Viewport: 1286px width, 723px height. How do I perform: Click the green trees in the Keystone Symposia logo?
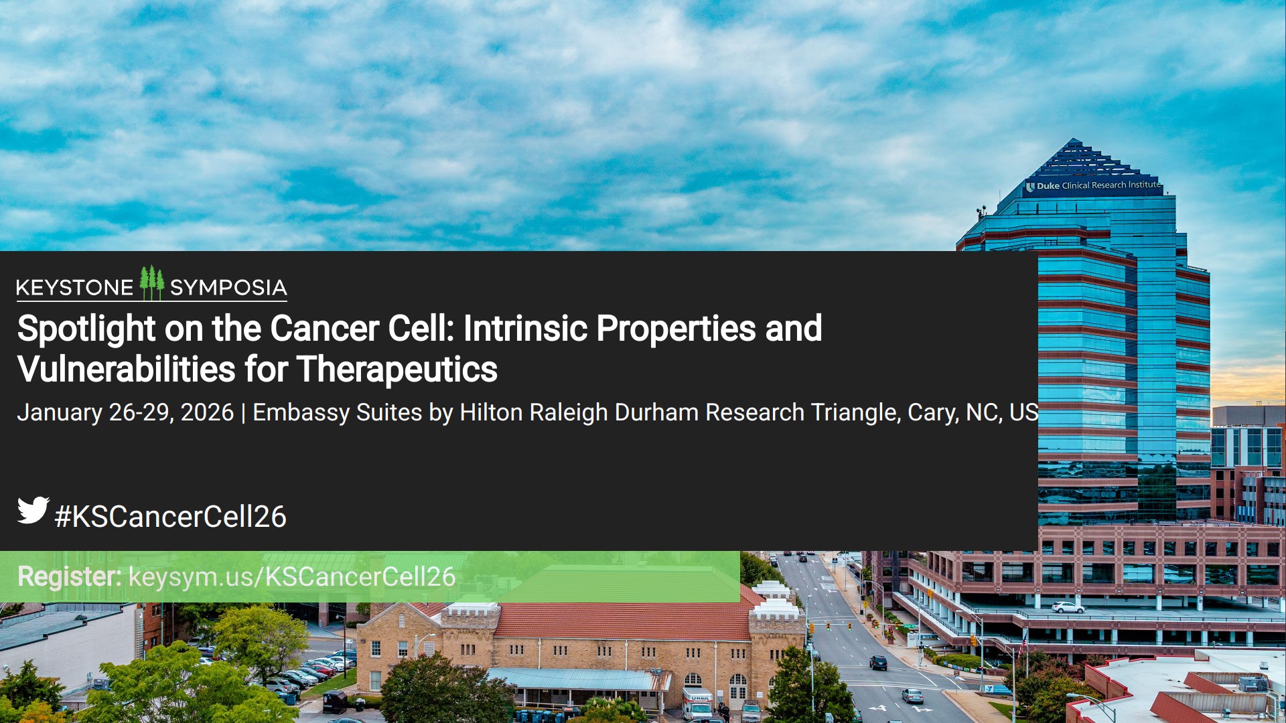pos(152,283)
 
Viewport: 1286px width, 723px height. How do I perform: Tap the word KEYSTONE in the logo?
pos(74,288)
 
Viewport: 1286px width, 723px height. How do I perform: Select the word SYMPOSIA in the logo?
pos(228,288)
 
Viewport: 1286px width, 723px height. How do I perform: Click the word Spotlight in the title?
pos(86,329)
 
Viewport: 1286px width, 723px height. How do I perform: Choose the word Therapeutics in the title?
pos(397,370)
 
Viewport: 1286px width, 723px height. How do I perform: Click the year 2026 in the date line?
pos(207,412)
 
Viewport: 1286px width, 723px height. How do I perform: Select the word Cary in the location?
pos(933,412)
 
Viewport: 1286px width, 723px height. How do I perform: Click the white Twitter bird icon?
pos(33,510)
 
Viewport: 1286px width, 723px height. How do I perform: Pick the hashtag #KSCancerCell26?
pos(171,517)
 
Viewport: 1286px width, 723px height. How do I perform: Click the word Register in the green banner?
pos(69,576)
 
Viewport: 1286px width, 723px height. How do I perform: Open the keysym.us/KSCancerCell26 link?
pos(292,576)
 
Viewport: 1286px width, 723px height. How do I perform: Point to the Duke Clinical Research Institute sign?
pos(1094,185)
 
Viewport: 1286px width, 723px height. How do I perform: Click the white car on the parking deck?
pos(1068,607)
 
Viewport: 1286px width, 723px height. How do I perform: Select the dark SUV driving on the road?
pos(878,663)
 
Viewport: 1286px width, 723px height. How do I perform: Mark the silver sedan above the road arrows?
pos(912,696)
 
